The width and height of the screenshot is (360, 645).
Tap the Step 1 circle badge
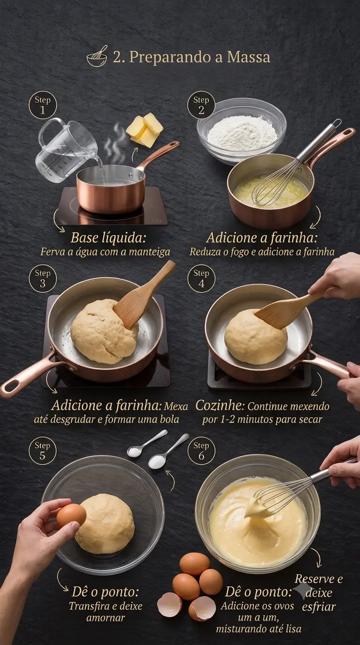tap(43, 105)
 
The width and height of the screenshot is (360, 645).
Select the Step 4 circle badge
tap(201, 278)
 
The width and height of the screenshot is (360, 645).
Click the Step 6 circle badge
tap(201, 451)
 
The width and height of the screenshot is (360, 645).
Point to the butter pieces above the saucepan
tap(144, 130)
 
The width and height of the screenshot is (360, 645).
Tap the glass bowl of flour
tap(241, 131)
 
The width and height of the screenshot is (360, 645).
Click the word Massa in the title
tap(248, 57)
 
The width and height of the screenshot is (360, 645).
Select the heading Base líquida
tap(108, 238)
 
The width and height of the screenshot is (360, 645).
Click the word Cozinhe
tap(220, 405)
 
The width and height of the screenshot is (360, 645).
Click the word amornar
tap(105, 618)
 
